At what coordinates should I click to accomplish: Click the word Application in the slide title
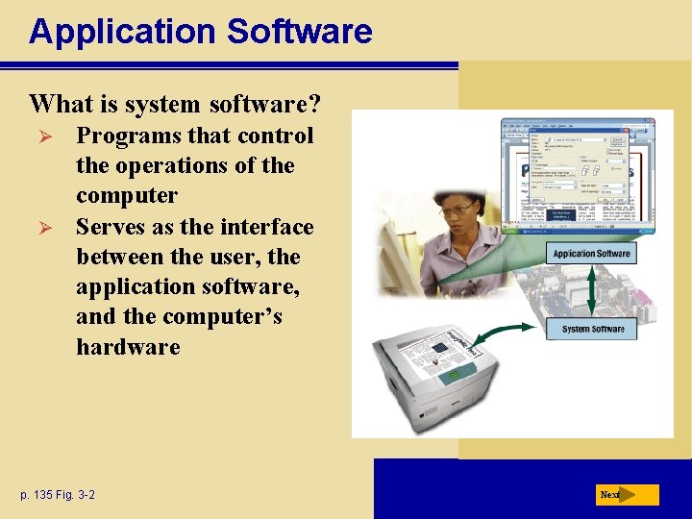(122, 32)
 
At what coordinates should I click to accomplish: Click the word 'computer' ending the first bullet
(127, 196)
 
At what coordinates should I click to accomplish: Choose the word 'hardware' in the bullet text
(128, 347)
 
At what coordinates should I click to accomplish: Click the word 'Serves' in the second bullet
(111, 227)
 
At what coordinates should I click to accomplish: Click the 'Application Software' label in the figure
(591, 254)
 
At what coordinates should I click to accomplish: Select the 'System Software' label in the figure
(592, 329)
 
